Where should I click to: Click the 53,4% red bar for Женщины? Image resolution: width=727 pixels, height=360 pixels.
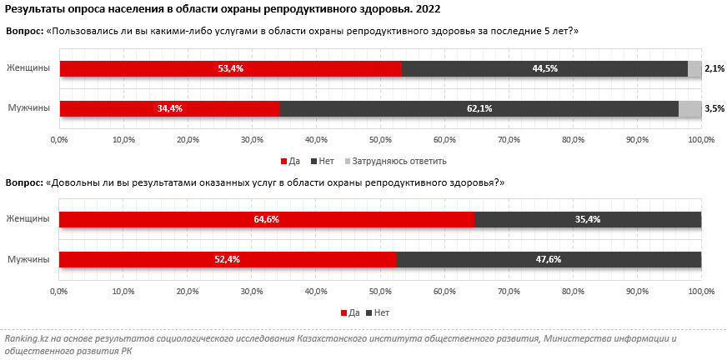point(230,68)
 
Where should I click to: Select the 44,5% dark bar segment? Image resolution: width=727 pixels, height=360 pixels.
point(544,68)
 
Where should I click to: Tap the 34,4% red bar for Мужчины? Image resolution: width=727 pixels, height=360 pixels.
point(169,108)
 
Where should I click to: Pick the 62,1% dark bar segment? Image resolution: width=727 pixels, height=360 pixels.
point(479,108)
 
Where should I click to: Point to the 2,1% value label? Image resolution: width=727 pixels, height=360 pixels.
point(714,68)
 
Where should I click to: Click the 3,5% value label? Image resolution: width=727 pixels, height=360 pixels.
point(714,108)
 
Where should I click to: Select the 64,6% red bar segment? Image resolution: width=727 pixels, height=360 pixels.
point(267,219)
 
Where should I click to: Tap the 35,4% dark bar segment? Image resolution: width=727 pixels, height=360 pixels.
point(588,219)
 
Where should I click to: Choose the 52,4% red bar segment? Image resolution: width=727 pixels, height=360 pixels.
point(228,259)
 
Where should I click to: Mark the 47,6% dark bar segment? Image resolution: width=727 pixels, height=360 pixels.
point(549,259)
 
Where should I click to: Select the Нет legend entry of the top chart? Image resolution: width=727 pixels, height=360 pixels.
point(323,161)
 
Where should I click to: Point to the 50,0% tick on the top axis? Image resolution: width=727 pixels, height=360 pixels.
point(379,138)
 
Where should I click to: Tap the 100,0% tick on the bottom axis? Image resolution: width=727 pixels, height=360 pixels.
point(701,291)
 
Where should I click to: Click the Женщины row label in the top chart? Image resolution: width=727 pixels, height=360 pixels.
point(28,68)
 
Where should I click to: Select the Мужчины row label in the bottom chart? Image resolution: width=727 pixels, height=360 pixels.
point(28,259)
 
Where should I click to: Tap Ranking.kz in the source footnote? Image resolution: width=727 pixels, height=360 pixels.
point(25,339)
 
